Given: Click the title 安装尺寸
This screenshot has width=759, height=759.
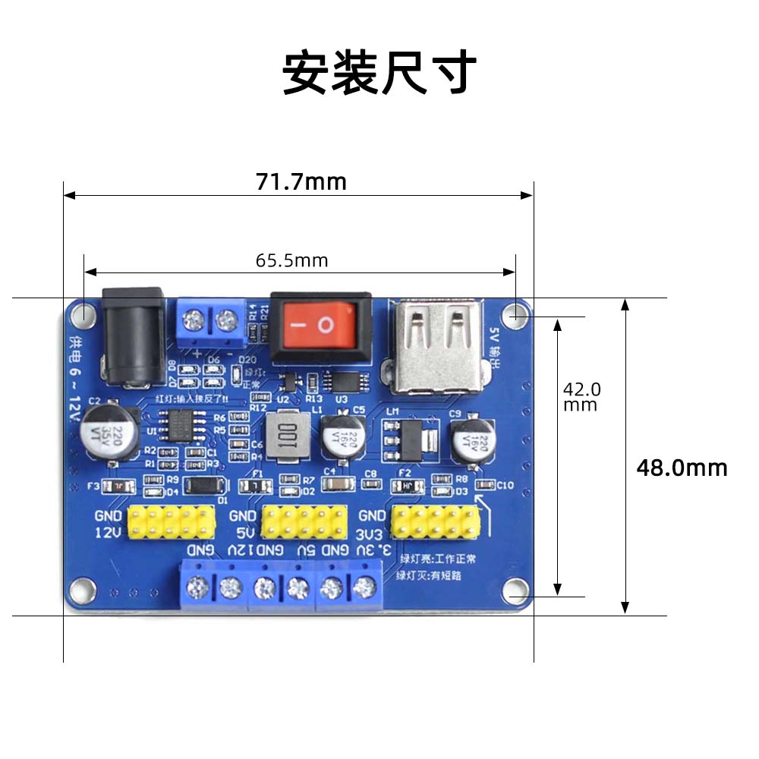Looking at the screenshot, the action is pos(379,73).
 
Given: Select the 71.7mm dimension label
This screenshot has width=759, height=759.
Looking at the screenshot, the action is pos(301,182).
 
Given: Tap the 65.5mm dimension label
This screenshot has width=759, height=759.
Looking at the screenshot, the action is pos(292,261).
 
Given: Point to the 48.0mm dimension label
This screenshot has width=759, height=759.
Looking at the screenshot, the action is pos(682,468).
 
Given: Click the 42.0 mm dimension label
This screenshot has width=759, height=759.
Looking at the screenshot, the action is pos(581,396).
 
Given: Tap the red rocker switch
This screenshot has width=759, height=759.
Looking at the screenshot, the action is pos(320,326).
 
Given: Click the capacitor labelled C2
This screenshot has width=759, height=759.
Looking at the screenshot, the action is pos(111,433).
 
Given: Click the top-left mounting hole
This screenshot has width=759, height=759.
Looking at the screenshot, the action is pos(83,313).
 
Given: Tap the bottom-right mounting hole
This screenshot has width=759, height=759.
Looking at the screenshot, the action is pos(518,589).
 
